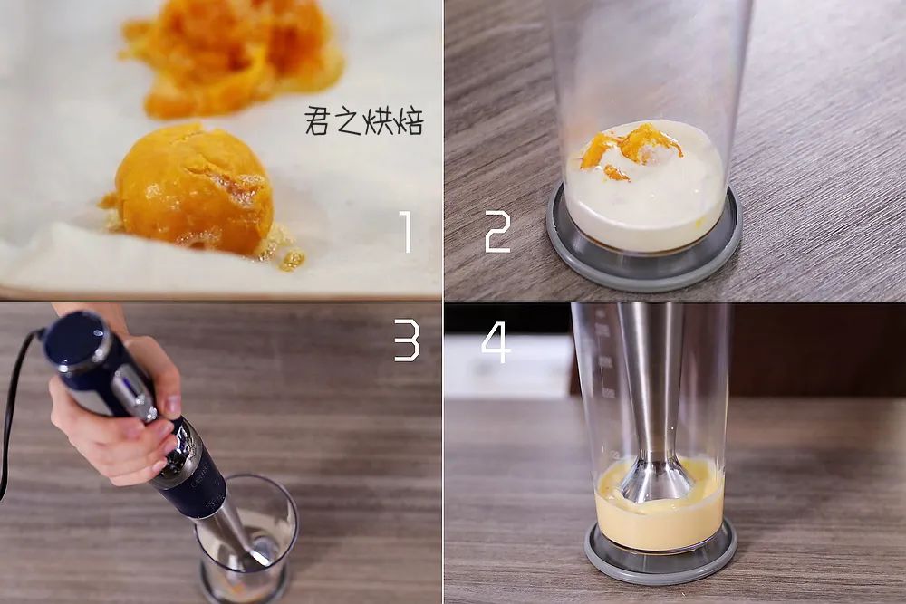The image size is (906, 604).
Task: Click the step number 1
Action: click(x=405, y=232)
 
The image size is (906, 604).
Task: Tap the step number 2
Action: click(x=497, y=232)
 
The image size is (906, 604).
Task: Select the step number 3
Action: click(x=406, y=340)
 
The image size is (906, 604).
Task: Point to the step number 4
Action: click(x=496, y=341)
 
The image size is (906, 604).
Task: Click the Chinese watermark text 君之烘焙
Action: click(x=364, y=122)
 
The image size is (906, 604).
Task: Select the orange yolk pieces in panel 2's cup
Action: click(x=630, y=149)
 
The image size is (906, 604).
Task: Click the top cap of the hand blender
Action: click(x=78, y=340)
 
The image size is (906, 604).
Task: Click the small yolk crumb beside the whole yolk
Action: click(x=292, y=260)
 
